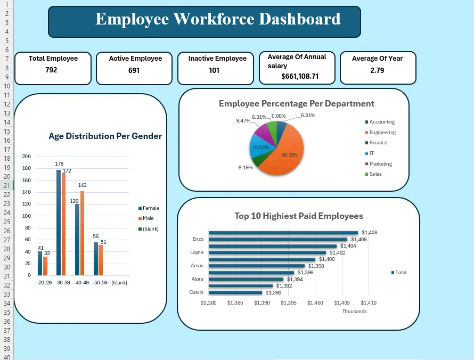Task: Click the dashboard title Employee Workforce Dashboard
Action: point(217,19)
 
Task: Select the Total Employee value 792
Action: point(51,70)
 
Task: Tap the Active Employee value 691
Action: point(134,70)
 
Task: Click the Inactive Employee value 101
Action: point(214,70)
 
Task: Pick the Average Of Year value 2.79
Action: point(377,70)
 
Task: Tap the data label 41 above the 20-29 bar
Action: point(40,248)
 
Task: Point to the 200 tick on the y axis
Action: point(27,157)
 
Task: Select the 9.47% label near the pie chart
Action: point(243,121)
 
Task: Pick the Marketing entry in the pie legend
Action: point(380,164)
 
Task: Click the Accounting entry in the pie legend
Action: point(382,122)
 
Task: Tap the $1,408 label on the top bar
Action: point(369,233)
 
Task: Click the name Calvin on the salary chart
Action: point(196,292)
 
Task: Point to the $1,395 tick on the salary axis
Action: point(289,303)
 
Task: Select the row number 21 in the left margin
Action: point(6,185)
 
